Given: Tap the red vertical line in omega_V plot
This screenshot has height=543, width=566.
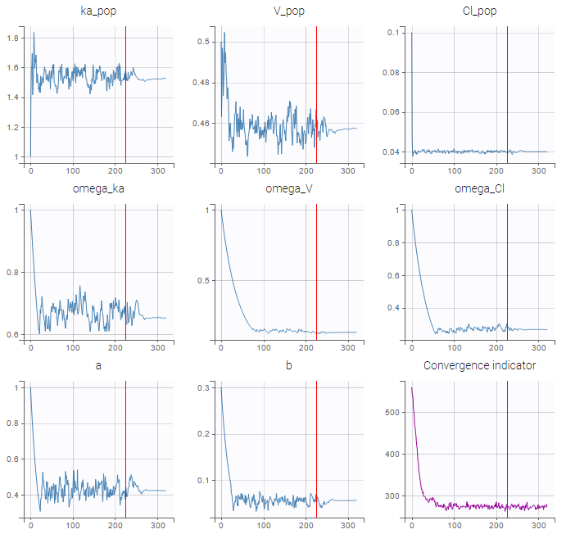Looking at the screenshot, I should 316,270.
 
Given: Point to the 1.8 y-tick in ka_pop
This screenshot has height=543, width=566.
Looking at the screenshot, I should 13,38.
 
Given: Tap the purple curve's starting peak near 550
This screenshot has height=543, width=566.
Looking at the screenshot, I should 411,388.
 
